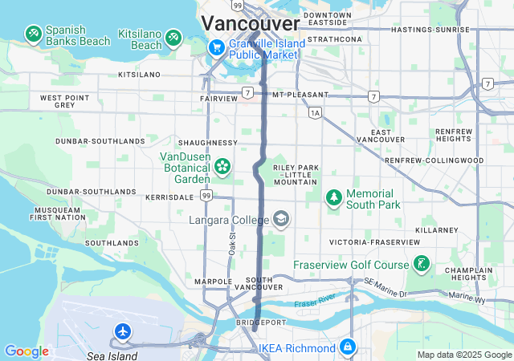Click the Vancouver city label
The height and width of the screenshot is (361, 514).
[x=251, y=22]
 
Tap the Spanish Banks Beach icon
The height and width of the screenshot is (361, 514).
[x=34, y=34]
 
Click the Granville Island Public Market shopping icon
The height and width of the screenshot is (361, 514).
[x=216, y=48]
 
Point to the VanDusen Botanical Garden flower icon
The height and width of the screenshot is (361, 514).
[x=223, y=167]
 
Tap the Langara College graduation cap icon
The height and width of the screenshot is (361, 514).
[x=281, y=219]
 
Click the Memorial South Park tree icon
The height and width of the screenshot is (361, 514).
[x=333, y=197]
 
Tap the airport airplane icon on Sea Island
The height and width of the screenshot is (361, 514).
[x=123, y=331]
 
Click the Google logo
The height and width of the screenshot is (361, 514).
[x=27, y=351]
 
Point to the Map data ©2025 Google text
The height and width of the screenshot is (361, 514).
[x=463, y=355]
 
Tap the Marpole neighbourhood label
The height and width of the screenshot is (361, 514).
[x=213, y=282]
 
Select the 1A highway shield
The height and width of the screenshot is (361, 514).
[x=315, y=113]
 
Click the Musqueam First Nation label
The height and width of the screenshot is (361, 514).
[x=57, y=213]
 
